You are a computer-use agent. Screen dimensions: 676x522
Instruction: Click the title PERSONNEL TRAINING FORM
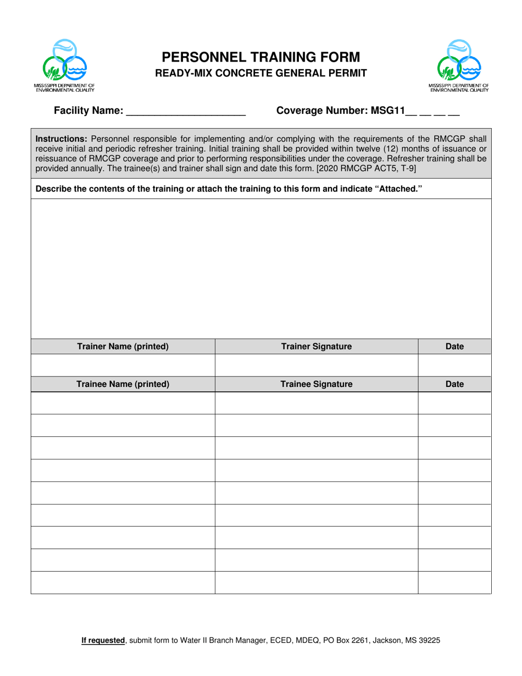pos(260,57)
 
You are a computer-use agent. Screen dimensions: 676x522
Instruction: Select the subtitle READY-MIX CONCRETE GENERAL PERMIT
pos(260,73)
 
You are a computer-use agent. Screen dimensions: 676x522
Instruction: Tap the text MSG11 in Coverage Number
pos(387,111)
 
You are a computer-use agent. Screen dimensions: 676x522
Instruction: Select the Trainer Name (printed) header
pos(123,347)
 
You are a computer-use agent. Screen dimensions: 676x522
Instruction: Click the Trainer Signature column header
pos(316,347)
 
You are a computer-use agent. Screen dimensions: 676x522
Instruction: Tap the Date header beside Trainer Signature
pos(454,347)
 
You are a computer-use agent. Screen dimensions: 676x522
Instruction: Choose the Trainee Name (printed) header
pos(123,385)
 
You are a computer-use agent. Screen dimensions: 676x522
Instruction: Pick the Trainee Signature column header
pos(316,385)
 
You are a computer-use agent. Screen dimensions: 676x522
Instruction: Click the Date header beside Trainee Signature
pos(454,385)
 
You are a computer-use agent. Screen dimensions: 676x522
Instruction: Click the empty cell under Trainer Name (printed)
pos(123,365)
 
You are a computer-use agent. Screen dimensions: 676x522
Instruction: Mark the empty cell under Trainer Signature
pos(316,365)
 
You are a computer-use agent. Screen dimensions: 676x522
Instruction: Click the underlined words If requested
pos(103,640)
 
